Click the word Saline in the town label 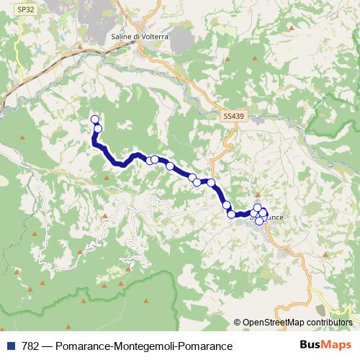point(124,36)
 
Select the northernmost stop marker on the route point(94,120)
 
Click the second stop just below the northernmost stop point(98,129)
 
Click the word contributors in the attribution point(330,323)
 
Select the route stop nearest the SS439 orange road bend point(211,183)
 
